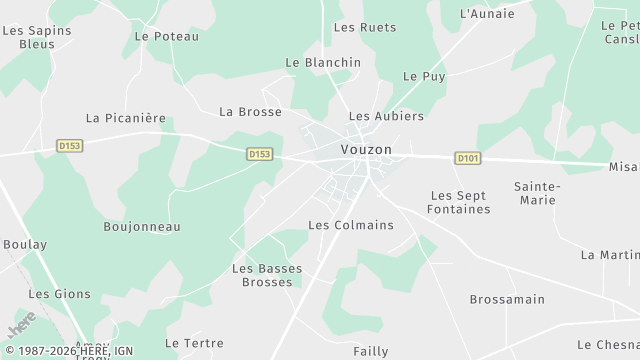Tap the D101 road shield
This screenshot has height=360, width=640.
[x=466, y=158]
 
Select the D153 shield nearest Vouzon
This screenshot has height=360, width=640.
[x=259, y=154]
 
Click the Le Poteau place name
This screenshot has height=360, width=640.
[x=166, y=37]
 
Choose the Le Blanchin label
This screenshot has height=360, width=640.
[x=323, y=62]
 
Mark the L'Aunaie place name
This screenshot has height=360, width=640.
[x=487, y=14]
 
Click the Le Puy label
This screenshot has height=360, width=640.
[x=424, y=76]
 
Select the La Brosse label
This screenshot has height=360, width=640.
[x=250, y=111]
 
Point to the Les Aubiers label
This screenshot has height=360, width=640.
[x=386, y=116]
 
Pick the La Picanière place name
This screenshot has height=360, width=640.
[x=126, y=117]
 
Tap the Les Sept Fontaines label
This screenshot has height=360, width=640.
[x=458, y=202]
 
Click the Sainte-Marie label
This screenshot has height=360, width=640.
[x=537, y=194]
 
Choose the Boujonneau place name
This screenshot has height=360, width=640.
[x=142, y=227]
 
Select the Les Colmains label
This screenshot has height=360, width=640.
[x=351, y=225]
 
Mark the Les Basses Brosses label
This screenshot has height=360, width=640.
[x=267, y=275]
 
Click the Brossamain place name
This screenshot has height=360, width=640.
[x=507, y=299]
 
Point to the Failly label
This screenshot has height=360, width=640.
[x=370, y=351]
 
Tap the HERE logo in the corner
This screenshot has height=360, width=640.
[x=20, y=328]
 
